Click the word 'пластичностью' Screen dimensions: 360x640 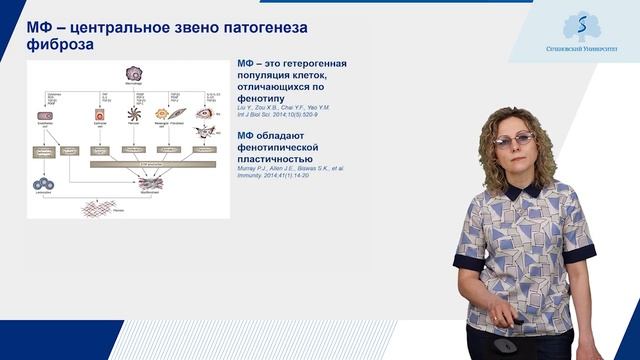tap(275, 159)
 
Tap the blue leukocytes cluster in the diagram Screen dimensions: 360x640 tap(44, 184)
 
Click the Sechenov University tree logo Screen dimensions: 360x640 tap(574, 26)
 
